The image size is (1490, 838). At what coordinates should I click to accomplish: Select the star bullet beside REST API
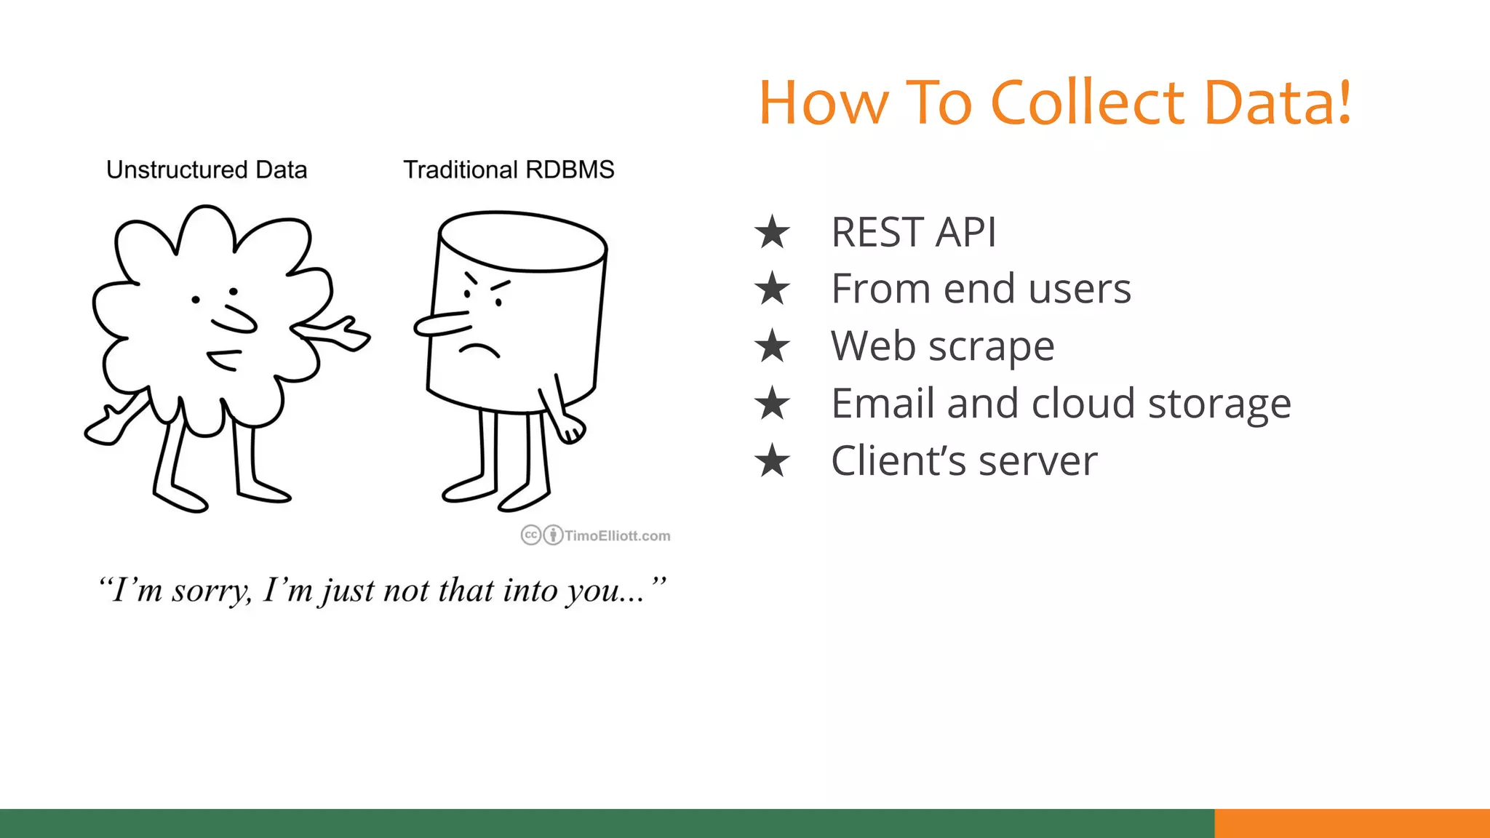[772, 232]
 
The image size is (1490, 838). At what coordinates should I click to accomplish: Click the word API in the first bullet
[965, 233]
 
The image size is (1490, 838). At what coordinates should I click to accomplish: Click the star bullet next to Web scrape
[772, 346]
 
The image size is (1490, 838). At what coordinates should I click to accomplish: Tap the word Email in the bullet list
[882, 403]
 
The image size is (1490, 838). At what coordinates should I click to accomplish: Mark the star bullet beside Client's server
[772, 460]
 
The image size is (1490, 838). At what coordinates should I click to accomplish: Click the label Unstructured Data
[207, 169]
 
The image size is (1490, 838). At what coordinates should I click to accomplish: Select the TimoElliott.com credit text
[617, 536]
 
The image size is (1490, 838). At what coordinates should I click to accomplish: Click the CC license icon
[531, 535]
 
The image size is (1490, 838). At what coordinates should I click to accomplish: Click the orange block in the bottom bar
[1352, 823]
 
